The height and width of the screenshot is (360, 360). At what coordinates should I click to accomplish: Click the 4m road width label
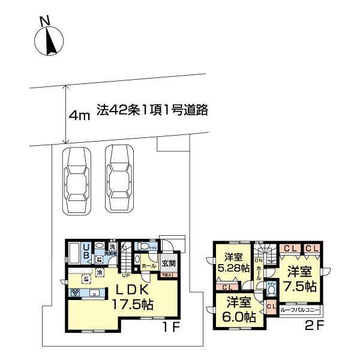[x=79, y=115]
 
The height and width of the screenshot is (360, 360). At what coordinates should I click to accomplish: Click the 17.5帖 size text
[x=132, y=305]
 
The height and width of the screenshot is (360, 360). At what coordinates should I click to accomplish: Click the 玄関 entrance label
[x=167, y=263]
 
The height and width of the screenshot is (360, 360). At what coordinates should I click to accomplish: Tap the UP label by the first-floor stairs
[x=127, y=277]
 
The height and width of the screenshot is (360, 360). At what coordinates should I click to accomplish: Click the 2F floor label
[x=317, y=328]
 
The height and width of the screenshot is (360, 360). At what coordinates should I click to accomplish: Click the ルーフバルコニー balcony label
[x=301, y=312]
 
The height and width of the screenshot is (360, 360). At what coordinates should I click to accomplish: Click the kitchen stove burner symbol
[x=76, y=293]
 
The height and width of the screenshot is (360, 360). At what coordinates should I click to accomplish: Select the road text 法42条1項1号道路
[x=152, y=111]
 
